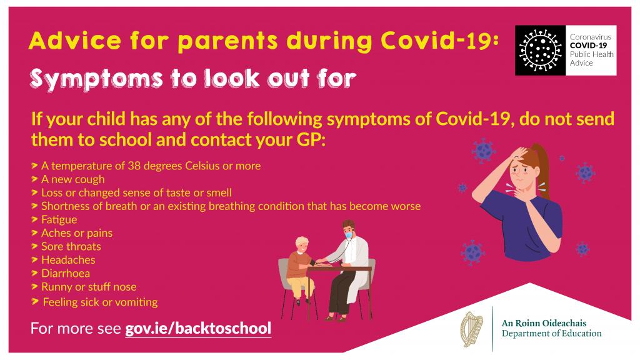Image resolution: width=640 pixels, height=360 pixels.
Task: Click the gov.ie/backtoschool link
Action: tap(198, 328)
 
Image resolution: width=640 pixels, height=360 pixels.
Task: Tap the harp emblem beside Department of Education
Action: tap(471, 329)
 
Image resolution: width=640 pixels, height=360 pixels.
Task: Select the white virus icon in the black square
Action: tap(540, 50)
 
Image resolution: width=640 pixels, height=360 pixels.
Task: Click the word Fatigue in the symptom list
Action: tap(59, 219)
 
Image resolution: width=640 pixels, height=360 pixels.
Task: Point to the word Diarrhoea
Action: tap(65, 274)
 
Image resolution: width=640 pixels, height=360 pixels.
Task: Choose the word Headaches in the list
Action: tap(68, 260)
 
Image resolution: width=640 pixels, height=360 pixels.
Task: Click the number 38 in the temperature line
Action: tap(134, 166)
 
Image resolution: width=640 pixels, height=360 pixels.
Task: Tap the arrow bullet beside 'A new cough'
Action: tap(35, 179)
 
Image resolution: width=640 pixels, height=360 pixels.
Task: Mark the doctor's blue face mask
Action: tap(349, 236)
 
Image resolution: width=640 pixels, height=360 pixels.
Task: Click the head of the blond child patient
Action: tap(302, 244)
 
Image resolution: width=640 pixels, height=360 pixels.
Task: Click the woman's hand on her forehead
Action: tap(517, 154)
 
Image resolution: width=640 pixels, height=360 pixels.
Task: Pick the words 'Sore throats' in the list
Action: tap(71, 246)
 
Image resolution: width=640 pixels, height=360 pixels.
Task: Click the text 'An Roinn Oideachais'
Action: tap(544, 323)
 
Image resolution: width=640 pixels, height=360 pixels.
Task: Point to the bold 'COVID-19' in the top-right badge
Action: tap(588, 45)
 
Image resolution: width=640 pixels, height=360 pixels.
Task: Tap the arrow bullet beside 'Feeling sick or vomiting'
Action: tap(35, 302)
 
